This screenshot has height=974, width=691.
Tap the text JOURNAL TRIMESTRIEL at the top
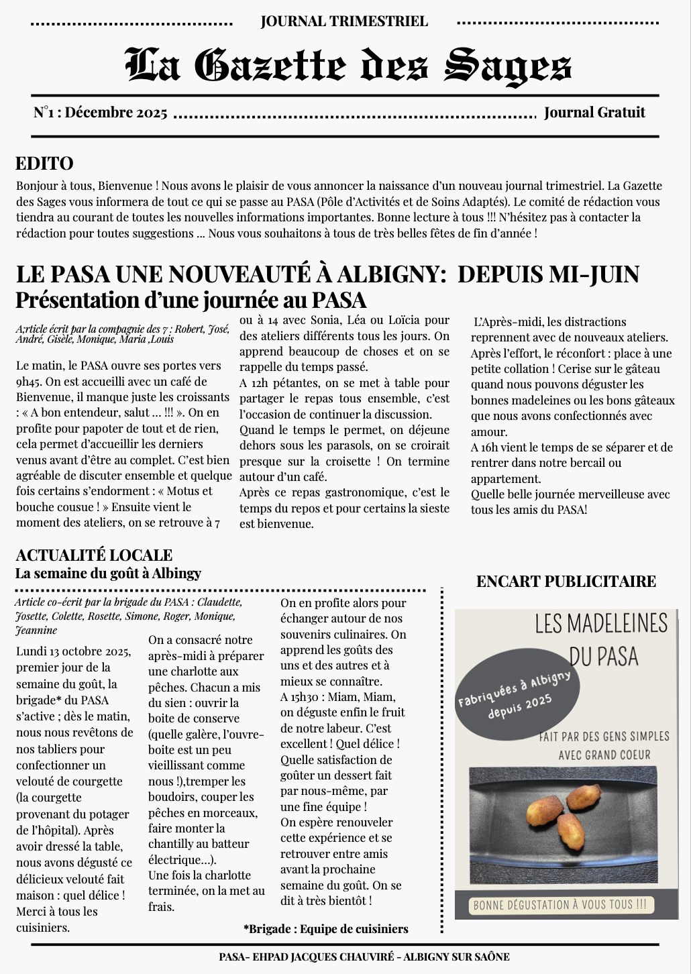(344, 21)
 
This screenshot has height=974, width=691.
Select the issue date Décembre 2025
(116, 113)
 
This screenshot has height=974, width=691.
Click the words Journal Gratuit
(594, 113)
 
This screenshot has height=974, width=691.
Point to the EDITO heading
(44, 164)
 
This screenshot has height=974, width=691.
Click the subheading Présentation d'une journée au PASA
(191, 300)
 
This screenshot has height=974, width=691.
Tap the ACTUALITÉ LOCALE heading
(94, 555)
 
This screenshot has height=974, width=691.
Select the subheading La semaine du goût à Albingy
(108, 574)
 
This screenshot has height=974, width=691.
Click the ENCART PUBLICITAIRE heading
(566, 582)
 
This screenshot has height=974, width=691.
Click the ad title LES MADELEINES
(601, 624)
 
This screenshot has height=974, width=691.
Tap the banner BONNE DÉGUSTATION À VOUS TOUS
(560, 905)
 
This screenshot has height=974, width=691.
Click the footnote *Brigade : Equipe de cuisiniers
(325, 929)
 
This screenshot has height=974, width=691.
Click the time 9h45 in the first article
(30, 382)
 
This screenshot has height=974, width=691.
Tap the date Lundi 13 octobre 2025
(73, 651)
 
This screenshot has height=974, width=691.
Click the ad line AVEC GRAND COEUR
(604, 755)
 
